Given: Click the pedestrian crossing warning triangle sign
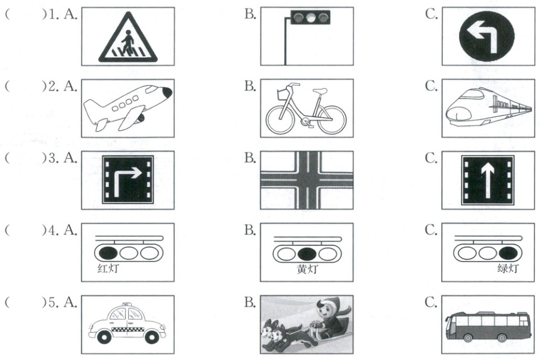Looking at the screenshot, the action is point(128,38).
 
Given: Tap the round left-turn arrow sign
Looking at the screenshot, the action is point(487,36).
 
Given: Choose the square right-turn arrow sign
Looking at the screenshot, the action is point(128,180).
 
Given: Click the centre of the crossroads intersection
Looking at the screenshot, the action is point(307,180).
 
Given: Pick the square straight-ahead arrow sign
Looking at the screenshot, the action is point(488,180).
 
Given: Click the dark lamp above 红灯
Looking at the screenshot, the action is point(108,253).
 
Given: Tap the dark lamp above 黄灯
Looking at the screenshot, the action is point(307,253).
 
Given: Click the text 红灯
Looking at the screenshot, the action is point(108,268).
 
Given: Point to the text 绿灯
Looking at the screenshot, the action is point(508,268).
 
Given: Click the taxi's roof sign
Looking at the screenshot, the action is point(125,304).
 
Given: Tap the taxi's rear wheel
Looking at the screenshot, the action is point(104,338).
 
